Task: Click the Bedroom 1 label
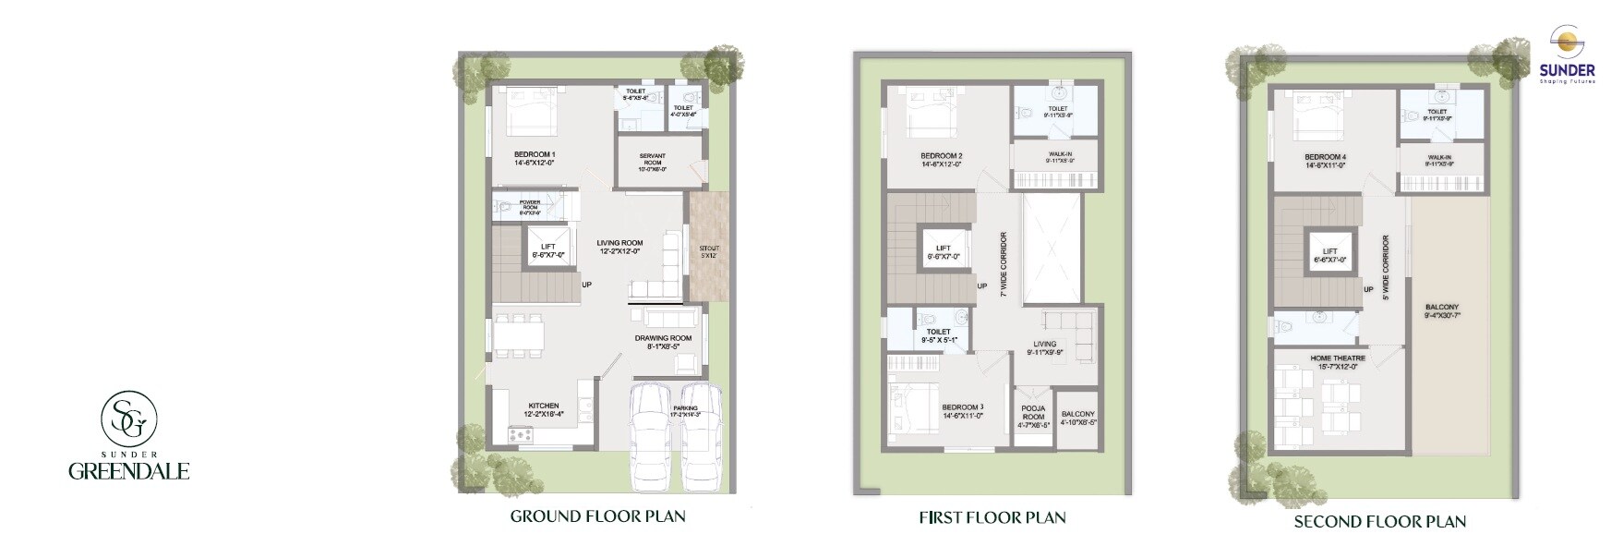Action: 535,158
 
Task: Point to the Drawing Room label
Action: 663,343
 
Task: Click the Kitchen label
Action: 543,409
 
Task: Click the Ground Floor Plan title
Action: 597,516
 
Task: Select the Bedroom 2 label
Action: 941,159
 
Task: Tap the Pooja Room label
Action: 1033,416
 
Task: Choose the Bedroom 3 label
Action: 962,411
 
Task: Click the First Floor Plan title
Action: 992,517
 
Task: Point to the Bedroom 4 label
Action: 1325,161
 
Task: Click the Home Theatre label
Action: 1337,361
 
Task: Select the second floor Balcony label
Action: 1441,310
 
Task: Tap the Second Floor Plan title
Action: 1379,521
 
